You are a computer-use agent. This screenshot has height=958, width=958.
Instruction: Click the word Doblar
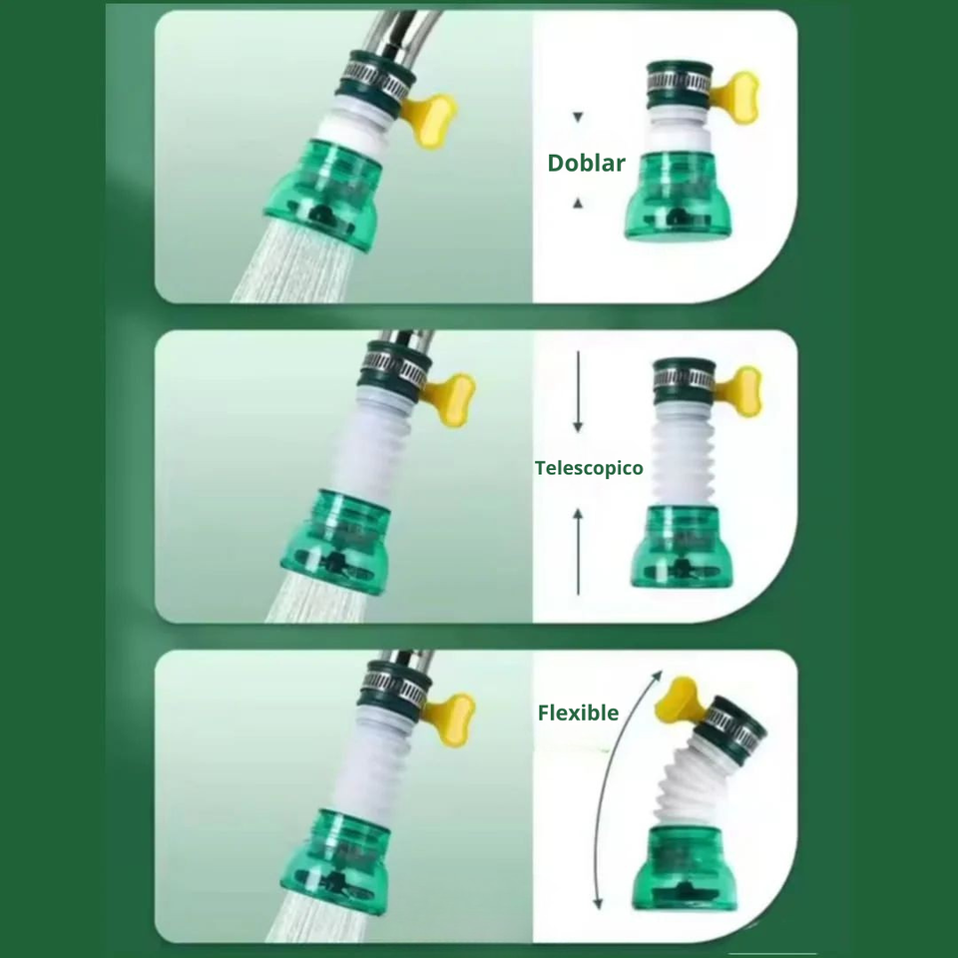pos(586,163)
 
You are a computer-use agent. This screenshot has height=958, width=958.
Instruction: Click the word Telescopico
pos(589,468)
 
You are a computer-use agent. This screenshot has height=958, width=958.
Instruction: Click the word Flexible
pos(578,713)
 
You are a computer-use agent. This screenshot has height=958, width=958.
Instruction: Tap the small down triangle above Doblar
pos(578,117)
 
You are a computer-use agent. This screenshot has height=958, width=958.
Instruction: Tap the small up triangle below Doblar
pos(578,204)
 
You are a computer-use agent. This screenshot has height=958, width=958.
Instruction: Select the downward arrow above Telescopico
pos(578,391)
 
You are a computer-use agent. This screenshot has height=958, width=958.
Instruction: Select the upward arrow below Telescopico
pos(578,552)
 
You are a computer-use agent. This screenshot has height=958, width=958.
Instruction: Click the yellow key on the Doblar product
pos(736,98)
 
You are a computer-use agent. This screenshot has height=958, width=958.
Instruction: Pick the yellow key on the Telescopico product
pos(740,391)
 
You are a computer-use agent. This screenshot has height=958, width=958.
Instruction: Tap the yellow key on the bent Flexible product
pos(679,701)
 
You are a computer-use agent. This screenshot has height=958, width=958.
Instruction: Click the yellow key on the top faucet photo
pos(430,121)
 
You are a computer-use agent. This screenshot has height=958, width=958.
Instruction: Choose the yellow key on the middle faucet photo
pos(450,399)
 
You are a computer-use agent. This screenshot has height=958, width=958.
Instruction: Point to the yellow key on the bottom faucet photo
pos(450,719)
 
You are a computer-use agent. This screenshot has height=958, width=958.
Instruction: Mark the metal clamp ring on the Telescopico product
pos(684,379)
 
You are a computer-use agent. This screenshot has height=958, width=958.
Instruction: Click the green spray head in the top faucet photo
pos(323,195)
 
